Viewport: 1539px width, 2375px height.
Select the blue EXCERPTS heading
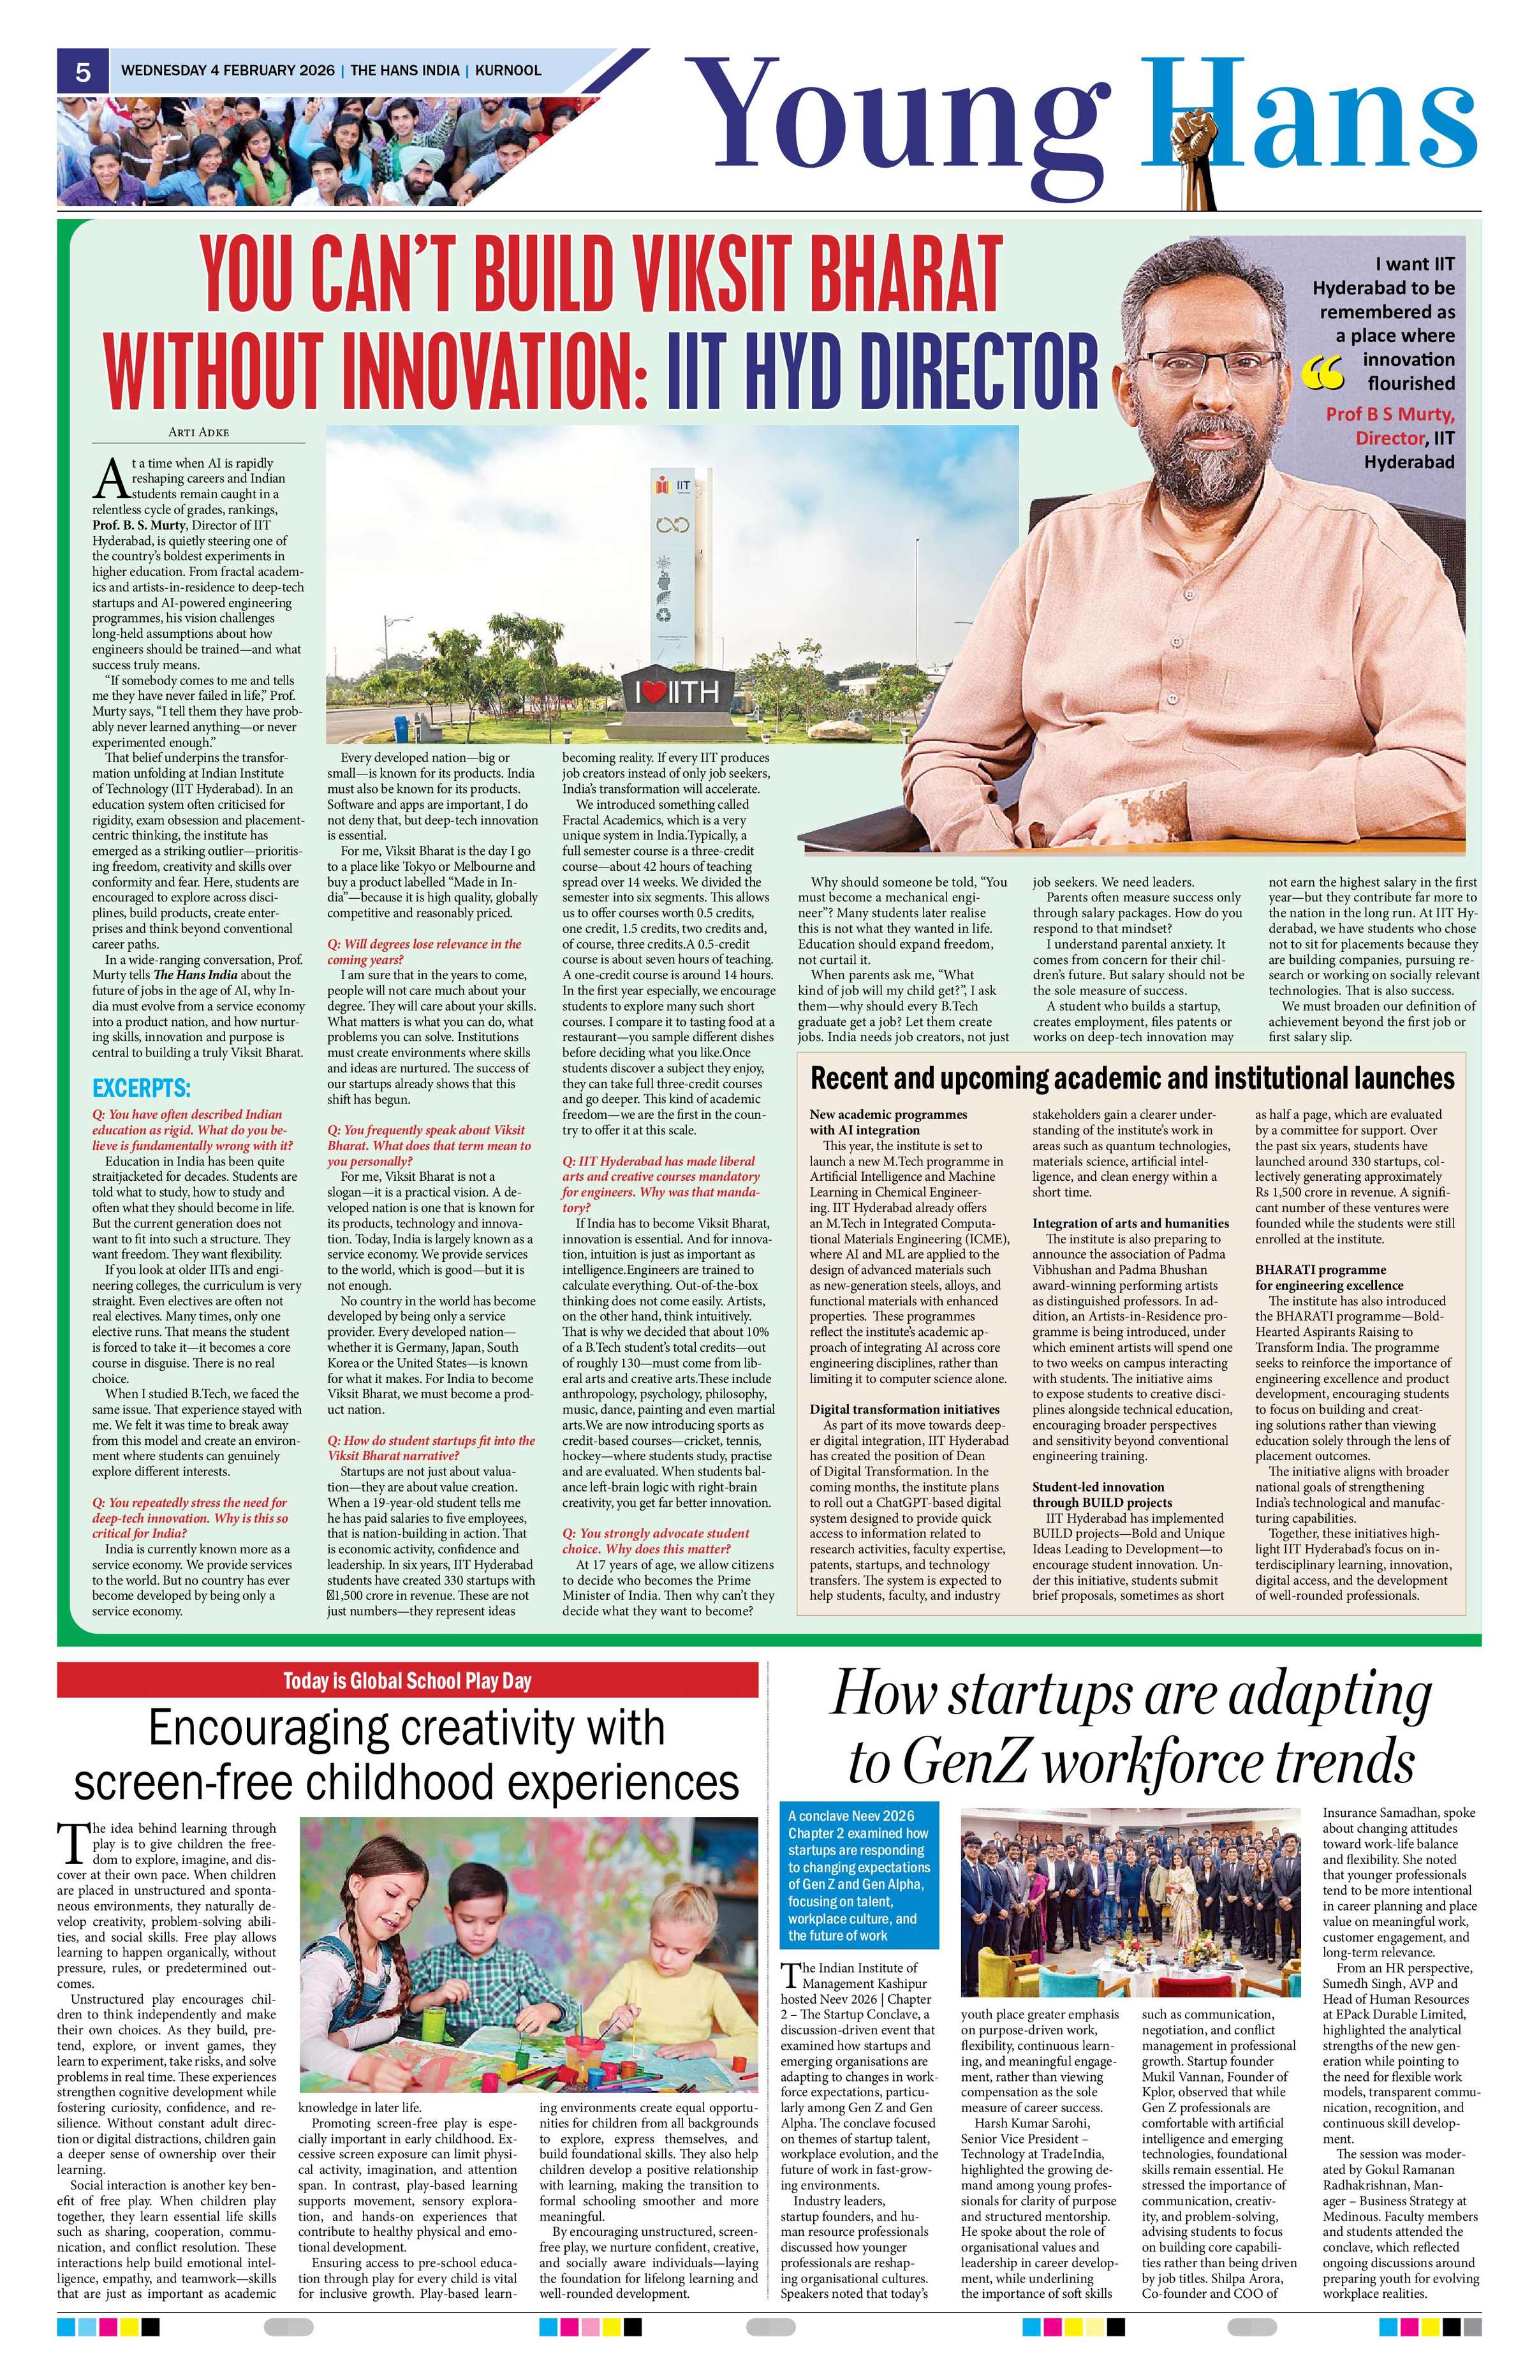point(141,1088)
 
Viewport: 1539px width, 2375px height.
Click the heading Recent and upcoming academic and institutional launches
point(1131,1079)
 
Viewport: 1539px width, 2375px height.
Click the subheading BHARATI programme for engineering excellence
point(1336,1277)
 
